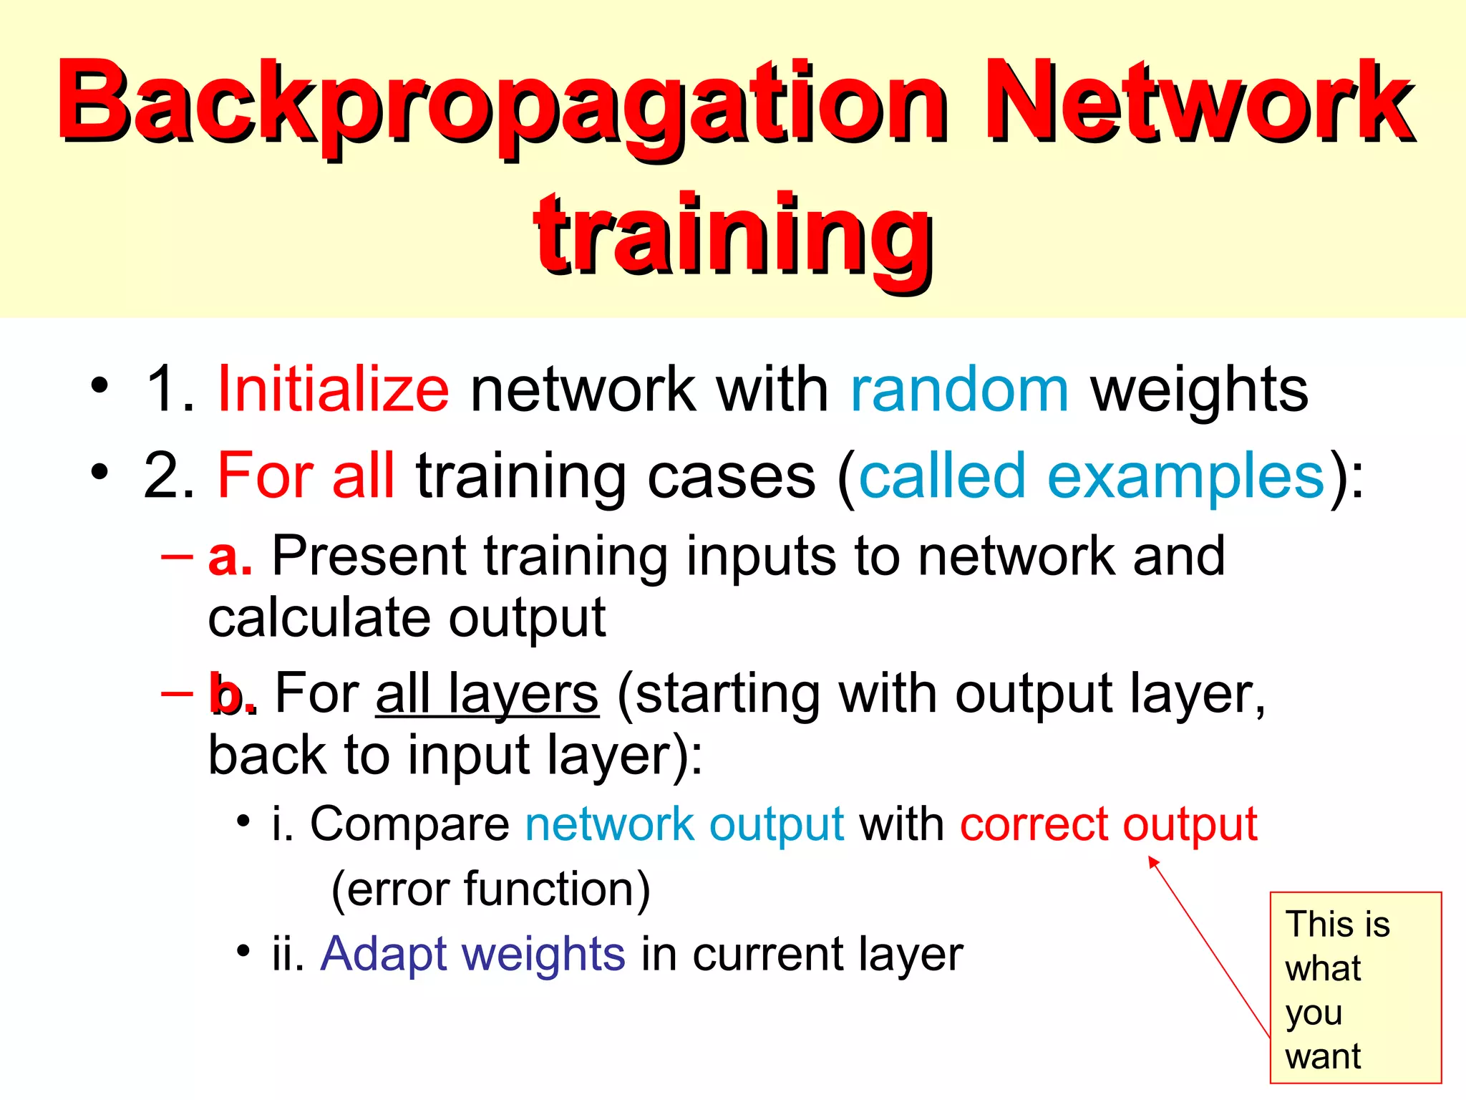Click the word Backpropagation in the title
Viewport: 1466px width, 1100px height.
(x=501, y=104)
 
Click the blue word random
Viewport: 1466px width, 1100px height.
(x=959, y=390)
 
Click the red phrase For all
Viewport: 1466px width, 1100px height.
(x=306, y=476)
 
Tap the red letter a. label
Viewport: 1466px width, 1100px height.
(x=230, y=556)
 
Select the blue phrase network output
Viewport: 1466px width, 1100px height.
(x=684, y=824)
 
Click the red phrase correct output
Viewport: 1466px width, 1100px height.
(x=1108, y=824)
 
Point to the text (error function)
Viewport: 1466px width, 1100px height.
(x=491, y=889)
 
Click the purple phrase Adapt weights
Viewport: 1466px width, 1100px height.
(x=472, y=954)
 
